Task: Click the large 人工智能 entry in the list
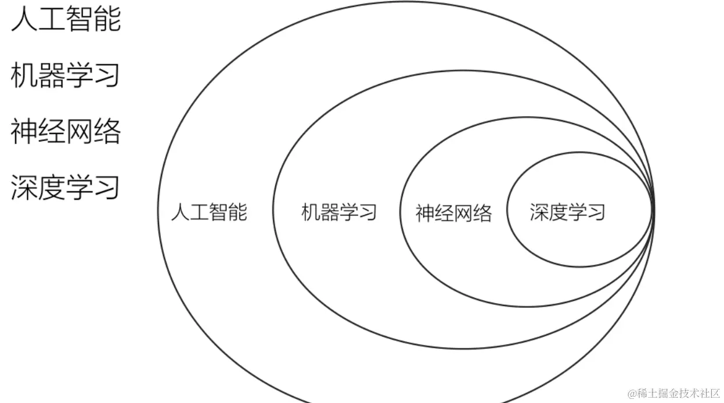tap(66, 19)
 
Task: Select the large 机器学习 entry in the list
tap(66, 75)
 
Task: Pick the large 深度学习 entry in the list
tap(66, 187)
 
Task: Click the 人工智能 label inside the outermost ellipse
tap(209, 212)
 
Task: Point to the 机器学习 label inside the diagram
tap(339, 212)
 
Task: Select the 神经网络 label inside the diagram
tap(453, 213)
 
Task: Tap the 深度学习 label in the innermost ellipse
tap(567, 212)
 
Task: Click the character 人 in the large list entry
tap(24, 19)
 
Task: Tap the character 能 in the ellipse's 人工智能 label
tap(238, 212)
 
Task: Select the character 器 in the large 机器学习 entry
tap(52, 75)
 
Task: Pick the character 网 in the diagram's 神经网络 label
tap(463, 213)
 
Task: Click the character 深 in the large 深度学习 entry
tap(24, 187)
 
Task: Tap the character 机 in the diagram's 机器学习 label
tap(311, 212)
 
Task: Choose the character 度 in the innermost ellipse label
tap(558, 212)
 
